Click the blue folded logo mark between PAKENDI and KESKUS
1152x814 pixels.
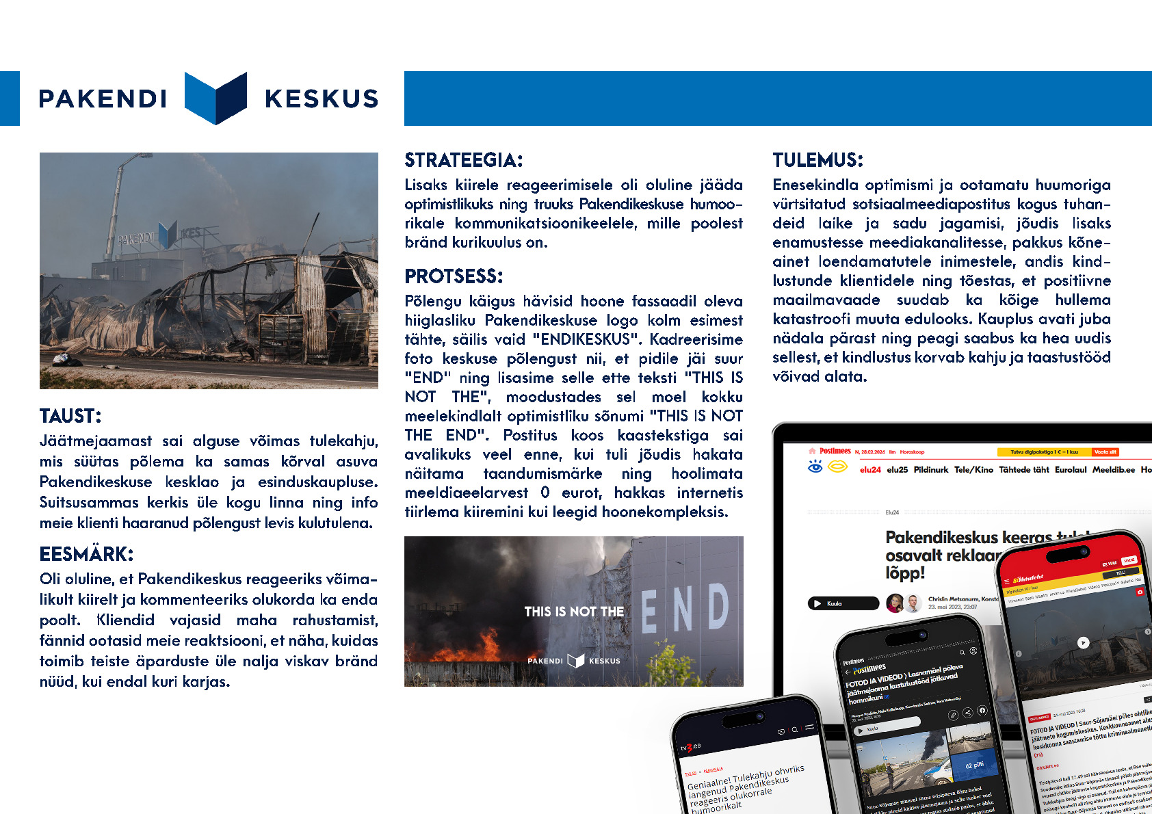tap(215, 98)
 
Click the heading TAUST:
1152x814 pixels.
tap(70, 416)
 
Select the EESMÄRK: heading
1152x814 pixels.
tap(86, 554)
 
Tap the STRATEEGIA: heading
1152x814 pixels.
tap(463, 160)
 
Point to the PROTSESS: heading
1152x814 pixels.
tap(454, 276)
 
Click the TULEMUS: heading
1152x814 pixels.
tap(817, 160)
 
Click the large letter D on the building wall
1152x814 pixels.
tap(718, 607)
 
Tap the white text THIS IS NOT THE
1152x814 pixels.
tap(574, 612)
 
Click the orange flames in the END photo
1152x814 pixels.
tap(486, 647)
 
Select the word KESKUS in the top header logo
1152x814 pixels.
tap(322, 99)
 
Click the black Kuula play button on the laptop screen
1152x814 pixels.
tap(843, 603)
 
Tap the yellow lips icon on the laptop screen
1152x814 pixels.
tap(837, 467)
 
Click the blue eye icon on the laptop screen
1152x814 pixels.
tap(815, 467)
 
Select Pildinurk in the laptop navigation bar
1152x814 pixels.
tap(930, 470)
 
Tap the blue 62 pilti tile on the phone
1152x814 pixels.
tap(973, 765)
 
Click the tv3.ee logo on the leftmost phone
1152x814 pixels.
tap(690, 746)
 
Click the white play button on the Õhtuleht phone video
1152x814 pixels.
tap(1083, 642)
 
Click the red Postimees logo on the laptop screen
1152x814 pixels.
tap(835, 451)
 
